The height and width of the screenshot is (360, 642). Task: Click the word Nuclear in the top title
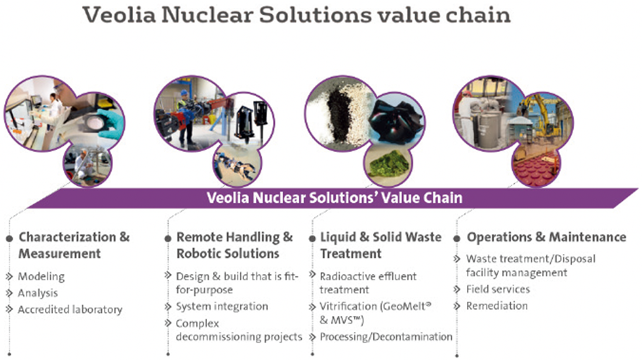(x=207, y=15)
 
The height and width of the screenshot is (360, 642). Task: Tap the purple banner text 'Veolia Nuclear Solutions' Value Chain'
(x=335, y=198)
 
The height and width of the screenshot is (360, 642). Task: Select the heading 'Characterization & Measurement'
(x=74, y=245)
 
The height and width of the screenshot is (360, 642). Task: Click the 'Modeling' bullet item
(x=41, y=277)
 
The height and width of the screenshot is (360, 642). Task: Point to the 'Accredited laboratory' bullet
(x=70, y=310)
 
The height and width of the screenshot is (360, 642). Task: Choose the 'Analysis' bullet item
(x=38, y=294)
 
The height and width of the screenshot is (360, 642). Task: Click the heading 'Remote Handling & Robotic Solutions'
(x=234, y=245)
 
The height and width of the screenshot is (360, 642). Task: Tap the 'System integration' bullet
(x=222, y=306)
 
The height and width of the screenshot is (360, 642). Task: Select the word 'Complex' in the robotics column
(x=197, y=323)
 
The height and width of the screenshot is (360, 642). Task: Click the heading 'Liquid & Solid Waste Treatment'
(x=381, y=245)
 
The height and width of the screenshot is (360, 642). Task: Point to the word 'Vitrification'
(x=349, y=306)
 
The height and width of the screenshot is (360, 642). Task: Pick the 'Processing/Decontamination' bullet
(x=386, y=337)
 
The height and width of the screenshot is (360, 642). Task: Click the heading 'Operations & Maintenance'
(x=547, y=237)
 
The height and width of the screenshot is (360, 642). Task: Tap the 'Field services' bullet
(x=498, y=289)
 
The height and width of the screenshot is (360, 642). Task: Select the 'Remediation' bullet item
(x=497, y=306)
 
